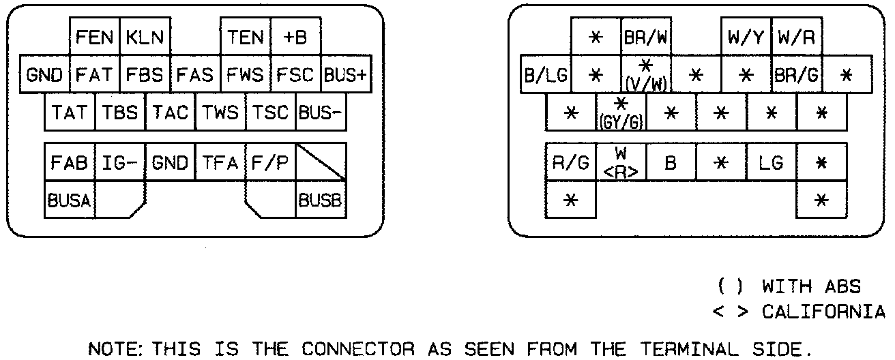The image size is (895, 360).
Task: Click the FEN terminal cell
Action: point(95,37)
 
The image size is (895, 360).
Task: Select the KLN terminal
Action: point(145,37)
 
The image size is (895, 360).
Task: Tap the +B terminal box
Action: point(295,37)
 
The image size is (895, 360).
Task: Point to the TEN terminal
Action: point(246,37)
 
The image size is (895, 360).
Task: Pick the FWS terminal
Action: point(246,74)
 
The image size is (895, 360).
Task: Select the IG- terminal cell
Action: point(120,164)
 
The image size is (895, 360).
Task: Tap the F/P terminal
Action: point(270,164)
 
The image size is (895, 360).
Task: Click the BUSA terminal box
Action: point(70,200)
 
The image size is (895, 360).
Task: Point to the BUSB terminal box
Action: point(321,200)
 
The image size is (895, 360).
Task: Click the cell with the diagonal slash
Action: point(321,164)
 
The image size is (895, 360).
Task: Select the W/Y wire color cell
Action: point(747,37)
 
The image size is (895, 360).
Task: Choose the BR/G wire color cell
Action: point(797,74)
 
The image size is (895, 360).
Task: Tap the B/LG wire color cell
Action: point(546,74)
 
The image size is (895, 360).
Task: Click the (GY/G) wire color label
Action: point(621,123)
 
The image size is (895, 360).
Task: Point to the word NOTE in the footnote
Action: point(111,350)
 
